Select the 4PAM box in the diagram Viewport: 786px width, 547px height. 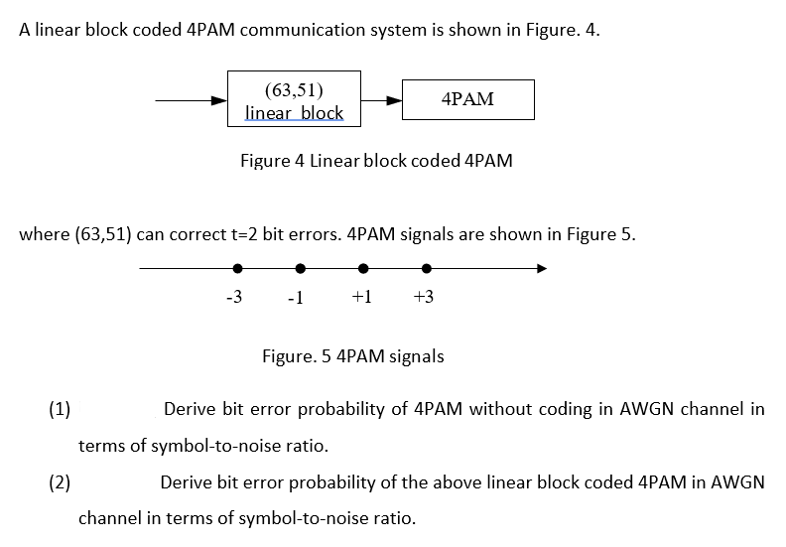coord(467,99)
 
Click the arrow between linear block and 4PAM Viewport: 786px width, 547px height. coord(381,100)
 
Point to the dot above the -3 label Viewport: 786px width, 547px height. coord(237,268)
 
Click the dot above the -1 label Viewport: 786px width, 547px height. coord(300,268)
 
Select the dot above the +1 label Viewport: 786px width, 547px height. coord(364,268)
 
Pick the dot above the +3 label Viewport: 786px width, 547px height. coord(427,268)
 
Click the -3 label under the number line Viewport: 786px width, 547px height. coord(234,298)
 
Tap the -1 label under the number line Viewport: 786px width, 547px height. coord(295,299)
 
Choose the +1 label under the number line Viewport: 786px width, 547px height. coord(361,298)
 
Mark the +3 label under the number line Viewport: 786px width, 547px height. coord(423,298)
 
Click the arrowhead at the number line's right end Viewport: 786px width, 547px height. coord(540,268)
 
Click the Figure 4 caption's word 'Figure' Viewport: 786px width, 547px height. coord(265,161)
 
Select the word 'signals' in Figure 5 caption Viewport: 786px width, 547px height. coord(417,356)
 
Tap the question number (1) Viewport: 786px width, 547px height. coord(61,409)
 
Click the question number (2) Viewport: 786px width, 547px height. coord(61,482)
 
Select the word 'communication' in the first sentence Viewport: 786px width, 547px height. coord(299,29)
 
